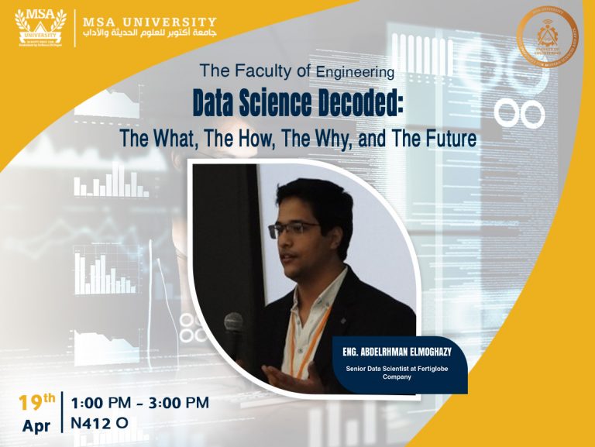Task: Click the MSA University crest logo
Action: point(40,27)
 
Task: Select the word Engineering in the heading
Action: point(355,73)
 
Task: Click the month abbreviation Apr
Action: point(36,425)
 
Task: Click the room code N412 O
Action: point(99,423)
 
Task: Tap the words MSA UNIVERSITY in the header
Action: point(150,22)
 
